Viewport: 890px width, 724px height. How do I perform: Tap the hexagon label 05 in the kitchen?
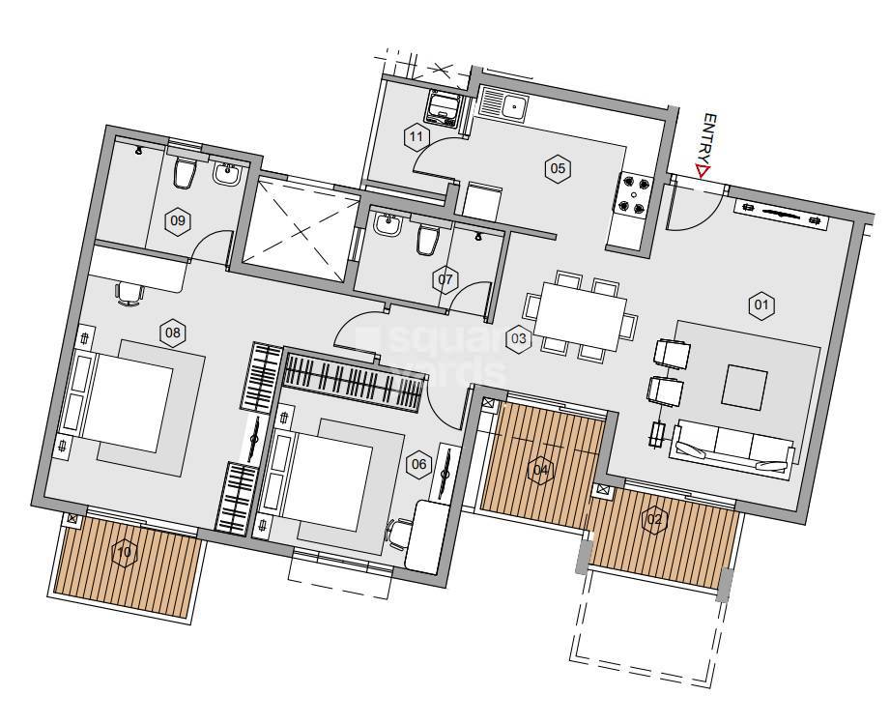click(x=558, y=168)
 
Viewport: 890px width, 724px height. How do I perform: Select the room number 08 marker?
click(x=172, y=334)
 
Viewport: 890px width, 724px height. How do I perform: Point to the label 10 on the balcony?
click(x=123, y=553)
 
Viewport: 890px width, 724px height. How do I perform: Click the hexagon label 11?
click(x=416, y=136)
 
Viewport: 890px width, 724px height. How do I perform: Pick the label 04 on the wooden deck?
click(x=541, y=471)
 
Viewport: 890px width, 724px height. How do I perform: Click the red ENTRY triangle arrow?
click(x=703, y=172)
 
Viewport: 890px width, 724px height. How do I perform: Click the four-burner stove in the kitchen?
click(x=634, y=194)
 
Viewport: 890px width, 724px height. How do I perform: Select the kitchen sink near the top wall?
click(x=503, y=104)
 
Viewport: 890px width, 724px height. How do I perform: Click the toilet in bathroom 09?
click(x=183, y=175)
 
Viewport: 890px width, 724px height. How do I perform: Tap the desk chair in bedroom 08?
click(x=128, y=293)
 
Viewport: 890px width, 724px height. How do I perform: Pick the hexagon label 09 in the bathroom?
click(x=177, y=220)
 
